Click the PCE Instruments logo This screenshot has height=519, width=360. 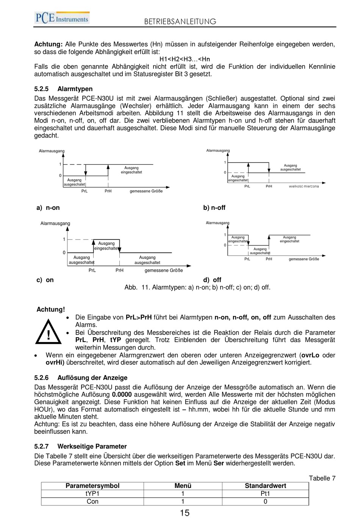pos(62,18)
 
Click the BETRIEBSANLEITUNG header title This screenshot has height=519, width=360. pos(180,22)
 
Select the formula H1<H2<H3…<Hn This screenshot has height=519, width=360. pos(185,59)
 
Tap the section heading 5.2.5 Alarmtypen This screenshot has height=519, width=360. pos(63,89)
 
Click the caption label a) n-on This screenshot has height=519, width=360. pos(48,208)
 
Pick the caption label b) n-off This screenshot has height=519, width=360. pos(214,208)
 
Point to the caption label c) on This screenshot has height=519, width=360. pos(45,280)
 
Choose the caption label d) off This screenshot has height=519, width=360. pos(212,280)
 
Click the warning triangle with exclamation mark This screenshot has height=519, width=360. pos(49,332)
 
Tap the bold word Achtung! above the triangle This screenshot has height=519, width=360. pos(50,310)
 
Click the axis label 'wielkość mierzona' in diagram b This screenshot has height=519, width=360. pos(304,186)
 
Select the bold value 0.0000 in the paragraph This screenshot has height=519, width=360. pos(122,395)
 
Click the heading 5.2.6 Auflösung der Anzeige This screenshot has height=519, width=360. pos(81,378)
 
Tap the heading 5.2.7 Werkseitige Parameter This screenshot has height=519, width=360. pos(80,446)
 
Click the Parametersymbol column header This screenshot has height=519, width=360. pos(92,486)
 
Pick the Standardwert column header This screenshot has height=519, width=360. pos(265,486)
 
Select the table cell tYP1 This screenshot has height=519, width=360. pos(92,494)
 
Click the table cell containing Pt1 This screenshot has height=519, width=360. pos(265,494)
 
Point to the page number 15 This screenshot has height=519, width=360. pos(185,513)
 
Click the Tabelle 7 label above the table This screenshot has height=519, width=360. pos(322,478)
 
